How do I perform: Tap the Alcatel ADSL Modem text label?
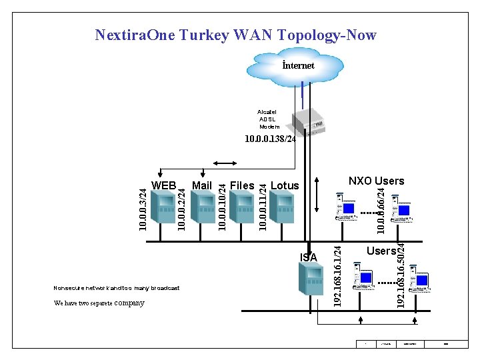tap(269, 119)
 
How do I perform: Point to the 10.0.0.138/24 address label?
tap(270, 139)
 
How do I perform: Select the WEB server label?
tap(164, 185)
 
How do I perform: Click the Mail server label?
tap(201, 185)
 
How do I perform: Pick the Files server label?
tap(242, 185)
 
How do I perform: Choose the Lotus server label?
tap(285, 185)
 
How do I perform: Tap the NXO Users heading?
tap(376, 181)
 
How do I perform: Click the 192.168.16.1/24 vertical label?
tap(338, 277)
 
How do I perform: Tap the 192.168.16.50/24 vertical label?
tap(401, 275)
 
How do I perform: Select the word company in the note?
tap(129, 303)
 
